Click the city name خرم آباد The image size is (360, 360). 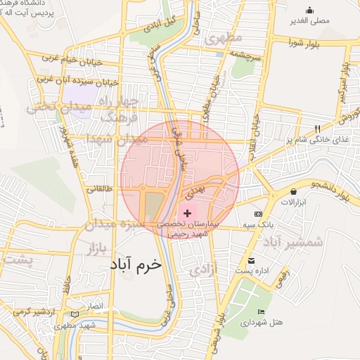pyautogui.click(x=136, y=264)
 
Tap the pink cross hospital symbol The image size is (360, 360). pyautogui.click(x=187, y=212)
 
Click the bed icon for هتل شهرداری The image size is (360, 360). pyautogui.click(x=262, y=311)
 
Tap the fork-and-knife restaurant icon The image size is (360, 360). pyautogui.click(x=318, y=129)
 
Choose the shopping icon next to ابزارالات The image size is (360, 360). pyautogui.click(x=293, y=191)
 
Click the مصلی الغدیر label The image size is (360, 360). pyautogui.click(x=314, y=20)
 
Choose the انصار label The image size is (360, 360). pyautogui.click(x=95, y=307)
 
